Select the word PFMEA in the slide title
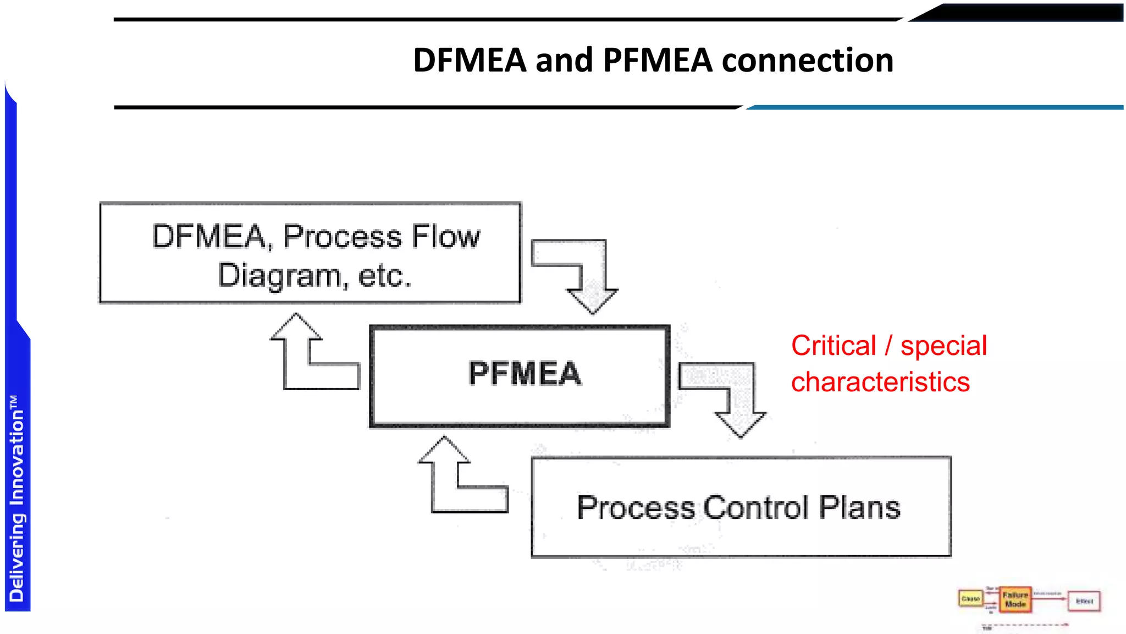coord(658,60)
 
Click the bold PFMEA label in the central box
coord(525,374)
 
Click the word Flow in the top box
coord(446,237)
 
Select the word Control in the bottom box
coord(756,507)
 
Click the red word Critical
coord(833,346)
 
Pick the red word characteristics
coord(880,382)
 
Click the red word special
coord(943,346)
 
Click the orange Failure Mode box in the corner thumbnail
coord(1015,599)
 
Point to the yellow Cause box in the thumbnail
coord(970,599)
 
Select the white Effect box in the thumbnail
coord(1084,601)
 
